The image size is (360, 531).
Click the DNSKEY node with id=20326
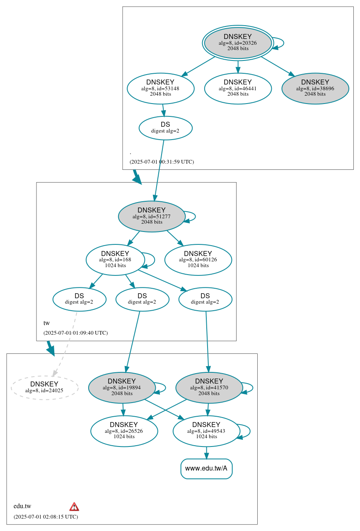[x=238, y=43]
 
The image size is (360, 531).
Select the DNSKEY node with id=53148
[x=160, y=88]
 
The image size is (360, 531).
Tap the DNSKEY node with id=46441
[x=238, y=88]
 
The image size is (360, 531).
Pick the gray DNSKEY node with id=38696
[x=315, y=88]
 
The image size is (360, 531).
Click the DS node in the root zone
[x=165, y=128]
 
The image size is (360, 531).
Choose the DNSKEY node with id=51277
[x=152, y=216]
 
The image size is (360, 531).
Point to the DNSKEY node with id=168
[x=115, y=260]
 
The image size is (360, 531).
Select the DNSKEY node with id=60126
[x=198, y=260]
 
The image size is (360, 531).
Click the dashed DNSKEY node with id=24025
[x=44, y=388]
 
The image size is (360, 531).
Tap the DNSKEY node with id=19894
[x=122, y=387]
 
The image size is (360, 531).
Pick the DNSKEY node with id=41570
[x=209, y=387]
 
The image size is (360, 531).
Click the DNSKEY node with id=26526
[x=124, y=431]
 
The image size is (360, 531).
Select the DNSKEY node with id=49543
[x=206, y=431]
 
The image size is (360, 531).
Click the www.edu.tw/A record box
[x=206, y=468]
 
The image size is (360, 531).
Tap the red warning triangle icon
[x=74, y=507]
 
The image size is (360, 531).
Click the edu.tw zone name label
[x=22, y=506]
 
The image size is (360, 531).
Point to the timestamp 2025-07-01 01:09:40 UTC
[x=75, y=333]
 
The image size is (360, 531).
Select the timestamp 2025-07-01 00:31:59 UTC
[x=162, y=162]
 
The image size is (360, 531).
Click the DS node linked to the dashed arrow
[x=79, y=299]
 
